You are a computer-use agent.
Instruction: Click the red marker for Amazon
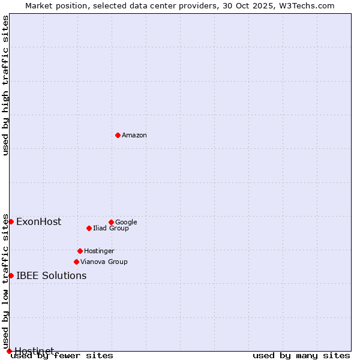pyautogui.click(x=118, y=135)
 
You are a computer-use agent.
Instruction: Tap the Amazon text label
pyautogui.click(x=134, y=136)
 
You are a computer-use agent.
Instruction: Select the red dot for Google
pyautogui.click(x=111, y=222)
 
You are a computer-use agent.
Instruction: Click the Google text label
pyautogui.click(x=126, y=223)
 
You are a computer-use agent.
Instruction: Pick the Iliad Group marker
pyautogui.click(x=89, y=228)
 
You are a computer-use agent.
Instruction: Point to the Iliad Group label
pyautogui.click(x=111, y=229)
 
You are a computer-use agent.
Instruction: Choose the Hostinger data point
pyautogui.click(x=80, y=251)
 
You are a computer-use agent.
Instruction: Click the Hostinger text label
pyautogui.click(x=99, y=251)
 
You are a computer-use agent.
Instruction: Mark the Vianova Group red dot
pyautogui.click(x=76, y=262)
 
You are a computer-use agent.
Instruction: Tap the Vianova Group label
pyautogui.click(x=104, y=262)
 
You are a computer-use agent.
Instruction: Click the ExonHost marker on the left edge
pyautogui.click(x=11, y=221)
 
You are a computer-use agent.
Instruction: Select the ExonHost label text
pyautogui.click(x=38, y=222)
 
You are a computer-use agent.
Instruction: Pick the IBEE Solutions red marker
pyautogui.click(x=11, y=275)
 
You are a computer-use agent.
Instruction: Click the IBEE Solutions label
pyautogui.click(x=51, y=276)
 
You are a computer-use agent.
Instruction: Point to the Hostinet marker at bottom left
pyautogui.click(x=9, y=351)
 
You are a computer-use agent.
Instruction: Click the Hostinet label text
pyautogui.click(x=34, y=350)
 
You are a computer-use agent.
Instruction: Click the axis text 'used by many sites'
pyautogui.click(x=301, y=356)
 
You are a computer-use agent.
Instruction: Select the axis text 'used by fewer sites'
pyautogui.click(x=62, y=356)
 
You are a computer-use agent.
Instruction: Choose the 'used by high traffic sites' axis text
pyautogui.click(x=6, y=86)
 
